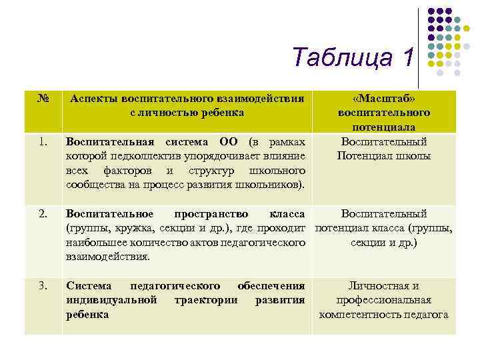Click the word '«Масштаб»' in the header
383,98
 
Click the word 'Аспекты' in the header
92,98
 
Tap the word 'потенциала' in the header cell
383,127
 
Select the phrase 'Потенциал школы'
383,156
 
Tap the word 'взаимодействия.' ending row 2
108,257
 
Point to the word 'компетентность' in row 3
359,315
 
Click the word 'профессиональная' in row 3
383,300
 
